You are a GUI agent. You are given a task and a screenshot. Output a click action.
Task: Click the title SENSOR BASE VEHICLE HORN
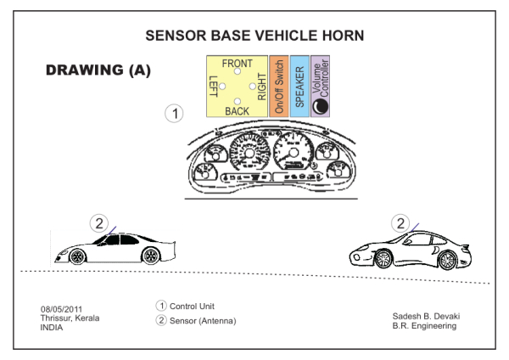255,36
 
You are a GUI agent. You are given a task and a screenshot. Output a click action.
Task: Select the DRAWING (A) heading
98,70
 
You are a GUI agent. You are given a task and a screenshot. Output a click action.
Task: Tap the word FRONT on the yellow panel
237,64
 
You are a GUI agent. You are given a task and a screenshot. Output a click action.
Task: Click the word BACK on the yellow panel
238,111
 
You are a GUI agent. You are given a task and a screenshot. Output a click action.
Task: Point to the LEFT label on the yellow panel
214,88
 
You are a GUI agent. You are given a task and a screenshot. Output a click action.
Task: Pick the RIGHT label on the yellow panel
261,87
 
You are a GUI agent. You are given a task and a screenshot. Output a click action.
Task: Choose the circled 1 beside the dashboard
173,113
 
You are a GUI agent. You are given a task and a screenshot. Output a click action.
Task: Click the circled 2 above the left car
99,224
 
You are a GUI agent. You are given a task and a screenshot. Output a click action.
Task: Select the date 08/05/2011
62,309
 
